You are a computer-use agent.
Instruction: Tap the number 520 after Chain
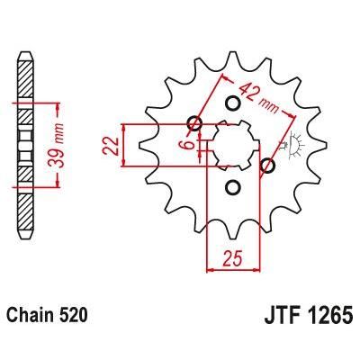pos(76,319)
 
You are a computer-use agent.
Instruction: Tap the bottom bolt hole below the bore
pos(232,187)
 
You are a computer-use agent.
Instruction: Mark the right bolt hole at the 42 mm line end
pos(266,166)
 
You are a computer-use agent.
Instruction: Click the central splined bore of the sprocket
pos(229,144)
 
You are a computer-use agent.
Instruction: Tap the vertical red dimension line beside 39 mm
pos(59,144)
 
